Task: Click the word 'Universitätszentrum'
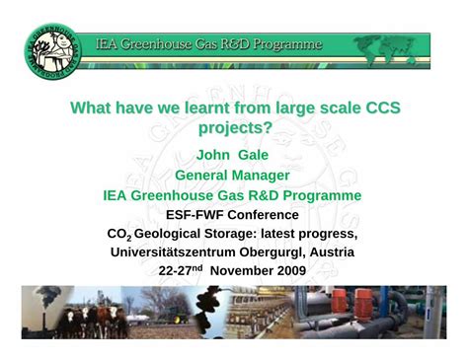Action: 174,252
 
